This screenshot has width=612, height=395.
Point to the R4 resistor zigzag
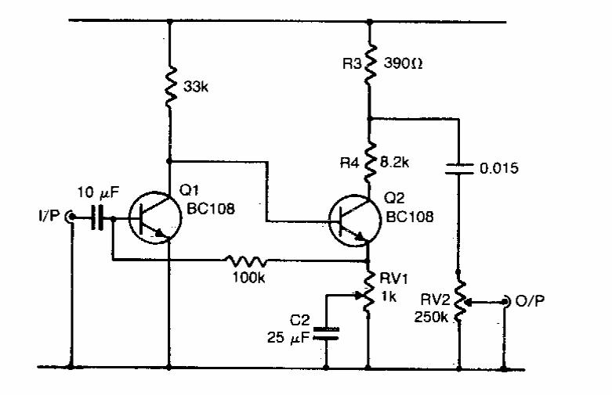368,163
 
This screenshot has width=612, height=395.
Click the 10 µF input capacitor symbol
99,218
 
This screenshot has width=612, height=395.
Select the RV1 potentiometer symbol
368,296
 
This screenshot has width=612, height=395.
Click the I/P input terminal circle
71,217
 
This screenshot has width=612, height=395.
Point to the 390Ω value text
404,59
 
